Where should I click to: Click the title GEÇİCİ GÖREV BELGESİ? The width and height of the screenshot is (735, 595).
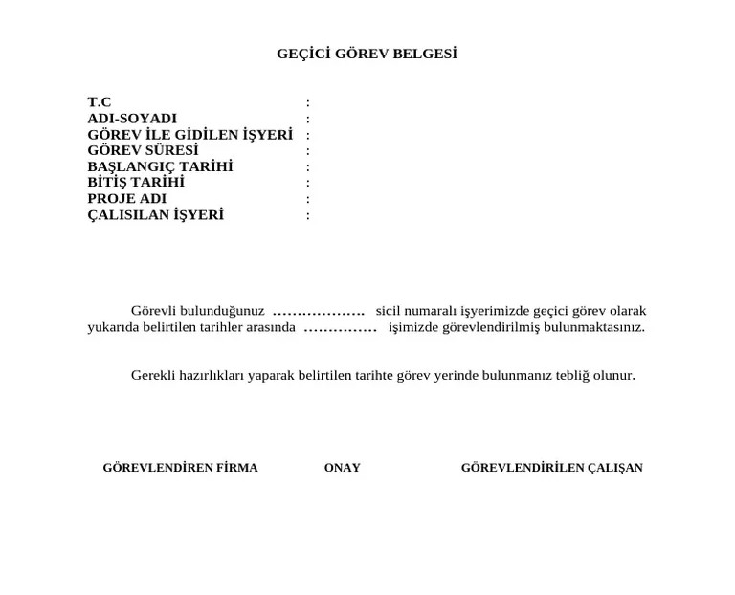(x=367, y=54)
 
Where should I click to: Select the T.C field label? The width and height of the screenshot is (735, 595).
(x=100, y=102)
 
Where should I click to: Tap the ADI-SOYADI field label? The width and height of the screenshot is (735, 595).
(x=132, y=119)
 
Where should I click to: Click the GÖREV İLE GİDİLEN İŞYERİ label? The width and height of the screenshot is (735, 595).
(x=189, y=135)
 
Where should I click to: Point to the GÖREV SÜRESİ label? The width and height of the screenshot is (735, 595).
(x=143, y=150)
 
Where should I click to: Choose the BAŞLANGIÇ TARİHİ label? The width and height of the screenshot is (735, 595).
(x=160, y=166)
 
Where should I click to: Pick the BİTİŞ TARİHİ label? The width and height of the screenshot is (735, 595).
(x=136, y=182)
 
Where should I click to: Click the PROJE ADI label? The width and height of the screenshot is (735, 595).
(x=126, y=199)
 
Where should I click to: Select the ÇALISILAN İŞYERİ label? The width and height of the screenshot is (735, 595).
(x=155, y=215)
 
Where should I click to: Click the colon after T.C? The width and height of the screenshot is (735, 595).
(x=307, y=103)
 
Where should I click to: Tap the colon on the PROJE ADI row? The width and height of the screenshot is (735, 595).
(x=307, y=200)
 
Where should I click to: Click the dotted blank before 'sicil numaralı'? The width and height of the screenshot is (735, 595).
(x=319, y=312)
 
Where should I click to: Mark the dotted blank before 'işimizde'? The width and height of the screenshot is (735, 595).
(x=340, y=328)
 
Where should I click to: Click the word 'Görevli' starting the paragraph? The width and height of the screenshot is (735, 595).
(x=152, y=311)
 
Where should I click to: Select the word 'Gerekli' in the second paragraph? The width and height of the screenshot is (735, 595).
(x=153, y=375)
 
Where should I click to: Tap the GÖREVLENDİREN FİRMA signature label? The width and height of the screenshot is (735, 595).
(x=180, y=468)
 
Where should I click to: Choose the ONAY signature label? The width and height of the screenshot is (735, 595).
(x=342, y=468)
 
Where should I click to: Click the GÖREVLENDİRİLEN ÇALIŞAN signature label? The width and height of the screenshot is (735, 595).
(x=551, y=468)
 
